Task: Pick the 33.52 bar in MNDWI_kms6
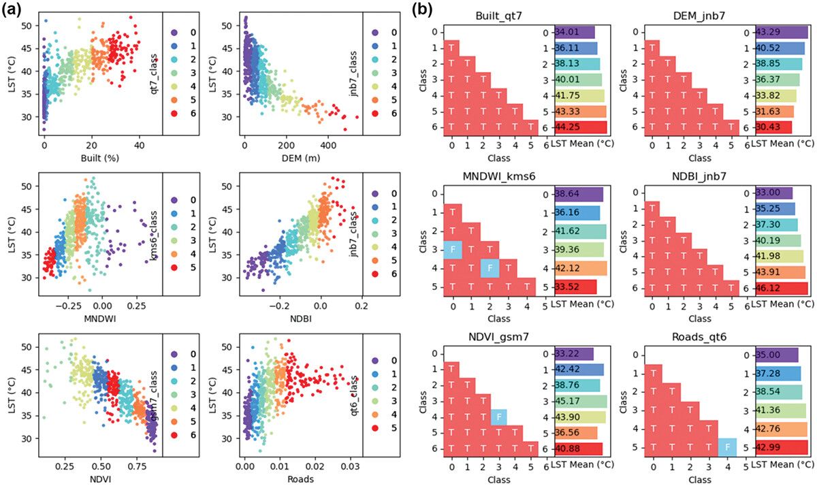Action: (576, 287)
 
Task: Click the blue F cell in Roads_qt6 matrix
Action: (728, 447)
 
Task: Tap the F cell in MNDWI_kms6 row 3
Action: (451, 250)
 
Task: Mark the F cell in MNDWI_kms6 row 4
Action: (490, 268)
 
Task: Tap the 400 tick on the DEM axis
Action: (328, 145)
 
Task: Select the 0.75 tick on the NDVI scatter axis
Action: (138, 469)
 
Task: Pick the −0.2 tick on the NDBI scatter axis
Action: (278, 307)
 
